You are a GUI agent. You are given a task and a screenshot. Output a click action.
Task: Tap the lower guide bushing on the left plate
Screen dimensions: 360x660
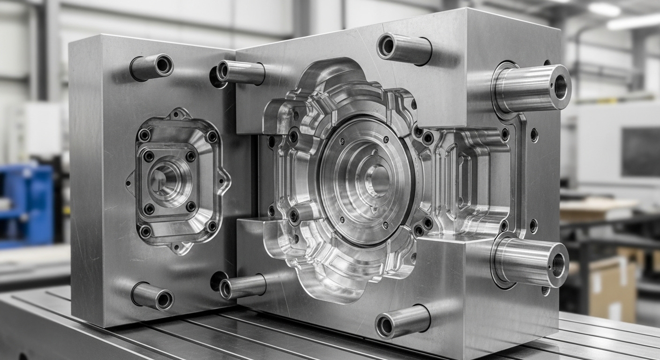(x=153, y=296)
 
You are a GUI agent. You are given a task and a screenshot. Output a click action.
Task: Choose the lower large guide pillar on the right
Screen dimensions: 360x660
(x=532, y=261)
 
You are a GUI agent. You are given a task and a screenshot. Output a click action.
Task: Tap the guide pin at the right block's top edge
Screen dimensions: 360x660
(x=404, y=48)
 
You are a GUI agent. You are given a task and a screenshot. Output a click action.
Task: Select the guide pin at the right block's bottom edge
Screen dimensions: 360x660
(x=403, y=321)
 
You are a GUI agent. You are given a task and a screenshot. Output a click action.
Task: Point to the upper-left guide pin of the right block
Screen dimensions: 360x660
(x=240, y=73)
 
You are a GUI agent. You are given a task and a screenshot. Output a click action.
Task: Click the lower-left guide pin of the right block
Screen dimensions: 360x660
(x=242, y=286)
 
